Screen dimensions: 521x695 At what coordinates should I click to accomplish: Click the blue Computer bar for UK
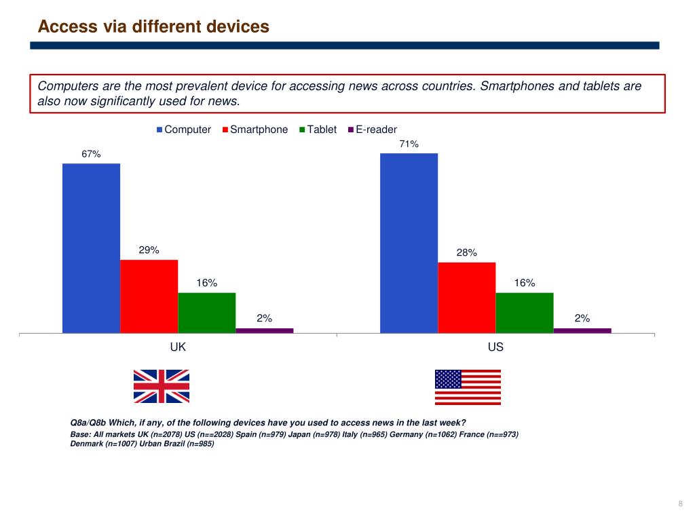click(91, 248)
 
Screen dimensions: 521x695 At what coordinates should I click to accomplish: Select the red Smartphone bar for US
click(467, 297)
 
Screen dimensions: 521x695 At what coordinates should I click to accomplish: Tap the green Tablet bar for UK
click(207, 312)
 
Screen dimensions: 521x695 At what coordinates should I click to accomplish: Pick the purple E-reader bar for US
click(582, 330)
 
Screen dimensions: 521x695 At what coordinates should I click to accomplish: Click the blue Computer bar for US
click(409, 243)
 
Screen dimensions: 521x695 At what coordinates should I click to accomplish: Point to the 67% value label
click(91, 154)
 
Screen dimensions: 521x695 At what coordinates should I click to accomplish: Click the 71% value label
click(409, 144)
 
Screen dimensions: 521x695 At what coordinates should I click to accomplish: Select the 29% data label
click(149, 250)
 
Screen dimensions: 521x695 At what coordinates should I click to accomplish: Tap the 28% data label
click(466, 252)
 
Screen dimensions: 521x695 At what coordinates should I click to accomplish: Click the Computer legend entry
click(184, 130)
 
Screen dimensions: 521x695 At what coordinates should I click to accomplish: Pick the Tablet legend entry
click(321, 130)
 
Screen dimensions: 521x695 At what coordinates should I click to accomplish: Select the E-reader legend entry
click(376, 130)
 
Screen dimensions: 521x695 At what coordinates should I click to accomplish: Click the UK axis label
click(178, 347)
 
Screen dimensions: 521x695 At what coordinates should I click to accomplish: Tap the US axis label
click(495, 347)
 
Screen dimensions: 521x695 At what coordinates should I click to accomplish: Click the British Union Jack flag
click(162, 386)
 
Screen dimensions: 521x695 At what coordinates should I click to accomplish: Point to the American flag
click(468, 387)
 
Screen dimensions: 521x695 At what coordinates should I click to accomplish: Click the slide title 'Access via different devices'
click(153, 26)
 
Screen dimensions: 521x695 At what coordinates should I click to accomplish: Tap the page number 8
click(680, 503)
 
